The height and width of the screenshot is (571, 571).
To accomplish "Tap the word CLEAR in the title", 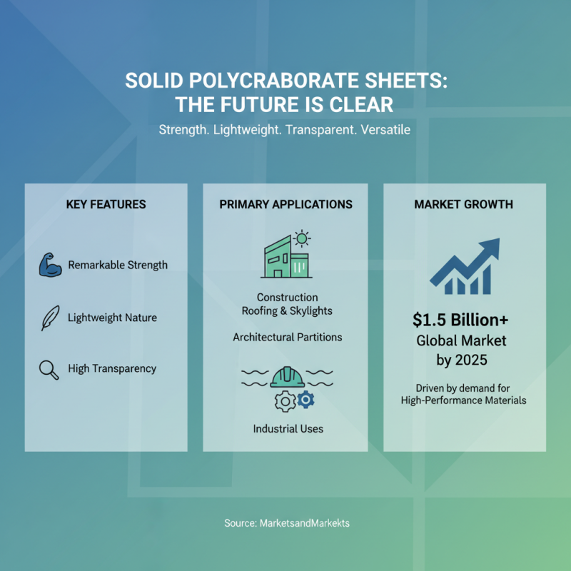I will click(x=361, y=106).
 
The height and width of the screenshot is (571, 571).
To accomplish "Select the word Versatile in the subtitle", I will click(x=385, y=131).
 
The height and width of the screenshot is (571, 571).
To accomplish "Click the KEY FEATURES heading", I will click(x=106, y=204).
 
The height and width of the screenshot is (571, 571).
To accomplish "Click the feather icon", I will click(x=49, y=318).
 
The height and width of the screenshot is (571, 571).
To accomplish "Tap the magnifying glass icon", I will click(x=49, y=369).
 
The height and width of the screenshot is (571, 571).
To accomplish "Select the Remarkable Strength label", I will click(x=118, y=265).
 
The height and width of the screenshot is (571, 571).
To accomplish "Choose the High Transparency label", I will click(x=112, y=369).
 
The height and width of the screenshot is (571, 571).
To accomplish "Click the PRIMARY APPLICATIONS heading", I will click(x=285, y=204).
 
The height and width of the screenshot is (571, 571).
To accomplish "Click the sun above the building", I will click(x=302, y=238).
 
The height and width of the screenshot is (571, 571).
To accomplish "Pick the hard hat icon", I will click(x=287, y=376).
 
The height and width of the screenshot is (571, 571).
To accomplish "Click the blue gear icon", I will click(x=305, y=400).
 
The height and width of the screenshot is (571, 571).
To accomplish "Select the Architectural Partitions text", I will click(x=287, y=337).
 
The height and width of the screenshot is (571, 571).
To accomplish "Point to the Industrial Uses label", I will click(x=288, y=429).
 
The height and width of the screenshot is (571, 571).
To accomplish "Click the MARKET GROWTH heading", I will click(x=463, y=204).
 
